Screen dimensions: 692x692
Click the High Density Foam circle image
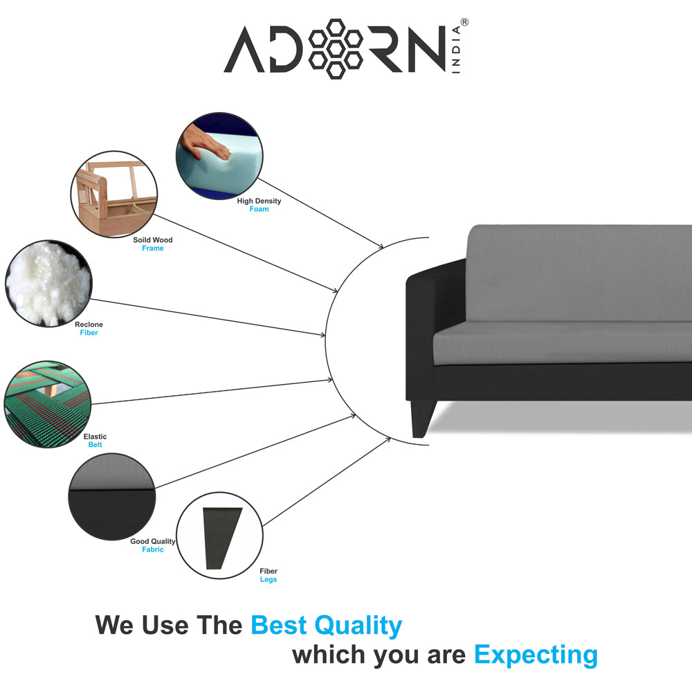click(x=219, y=157)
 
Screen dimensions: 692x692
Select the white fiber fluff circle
click(x=48, y=283)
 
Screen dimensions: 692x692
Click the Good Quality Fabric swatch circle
click(x=111, y=496)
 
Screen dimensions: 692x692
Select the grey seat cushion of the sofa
click(x=561, y=342)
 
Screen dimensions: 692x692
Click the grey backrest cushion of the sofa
click(x=578, y=273)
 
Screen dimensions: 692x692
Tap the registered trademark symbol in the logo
click(x=464, y=23)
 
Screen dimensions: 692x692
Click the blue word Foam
click(x=259, y=209)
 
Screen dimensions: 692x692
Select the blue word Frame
click(x=153, y=248)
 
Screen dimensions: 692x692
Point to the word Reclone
click(x=89, y=325)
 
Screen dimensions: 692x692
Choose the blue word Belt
click(x=95, y=445)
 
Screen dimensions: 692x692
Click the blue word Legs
click(x=268, y=580)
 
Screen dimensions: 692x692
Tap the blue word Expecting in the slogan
click(x=536, y=654)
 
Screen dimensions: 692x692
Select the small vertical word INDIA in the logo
click(x=457, y=51)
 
